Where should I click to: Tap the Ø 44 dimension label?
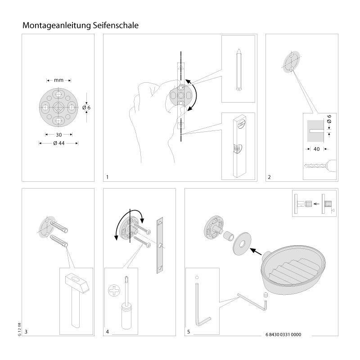click(59, 143)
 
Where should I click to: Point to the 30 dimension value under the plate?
click(58, 134)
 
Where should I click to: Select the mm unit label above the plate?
click(58, 80)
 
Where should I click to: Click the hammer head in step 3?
click(77, 284)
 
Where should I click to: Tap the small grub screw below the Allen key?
click(265, 294)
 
